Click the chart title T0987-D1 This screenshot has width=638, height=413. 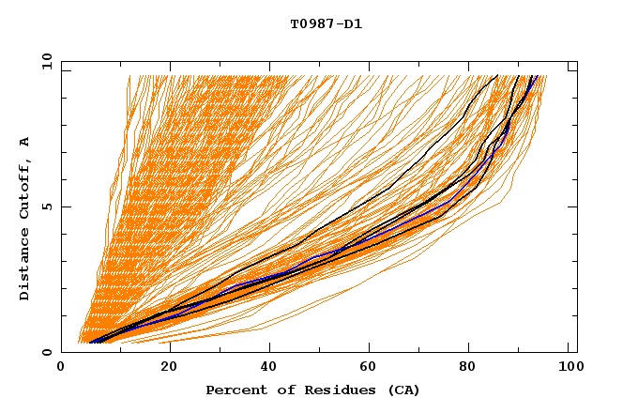(326, 23)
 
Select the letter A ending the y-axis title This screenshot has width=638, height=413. (25, 141)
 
